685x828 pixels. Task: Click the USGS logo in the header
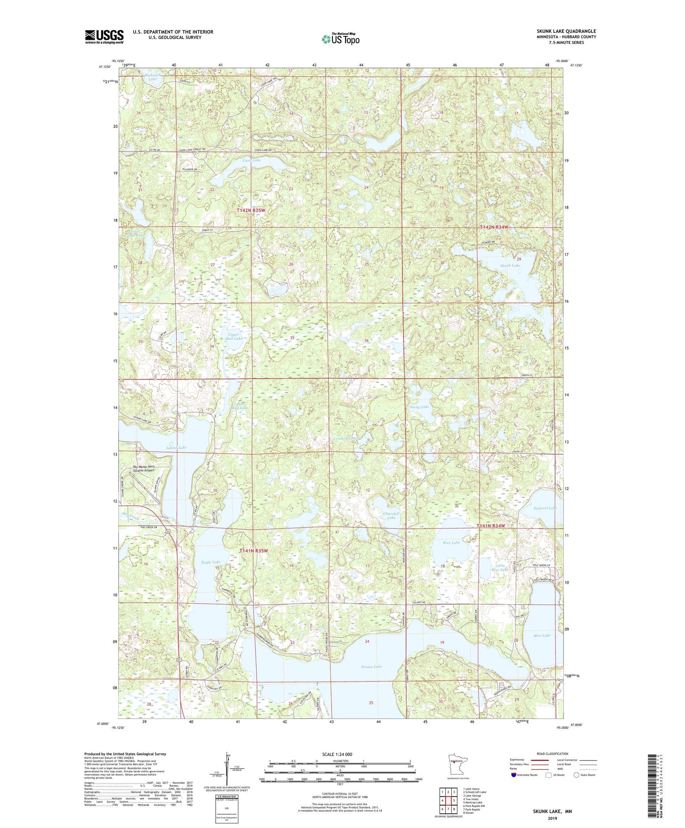[104, 37]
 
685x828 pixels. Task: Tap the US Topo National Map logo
[340, 39]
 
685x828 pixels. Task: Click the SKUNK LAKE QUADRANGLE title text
[566, 31]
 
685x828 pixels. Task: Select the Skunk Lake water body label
[510, 265]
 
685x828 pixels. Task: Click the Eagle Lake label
[211, 562]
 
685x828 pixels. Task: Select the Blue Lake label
[542, 635]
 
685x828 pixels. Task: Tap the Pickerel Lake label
[545, 508]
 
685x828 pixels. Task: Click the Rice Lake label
[451, 543]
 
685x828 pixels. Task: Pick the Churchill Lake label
[391, 516]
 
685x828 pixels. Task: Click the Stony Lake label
[419, 406]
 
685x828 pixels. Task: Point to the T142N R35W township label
[251, 211]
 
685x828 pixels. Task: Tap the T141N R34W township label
[491, 526]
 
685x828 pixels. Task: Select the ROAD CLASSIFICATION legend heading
[553, 754]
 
